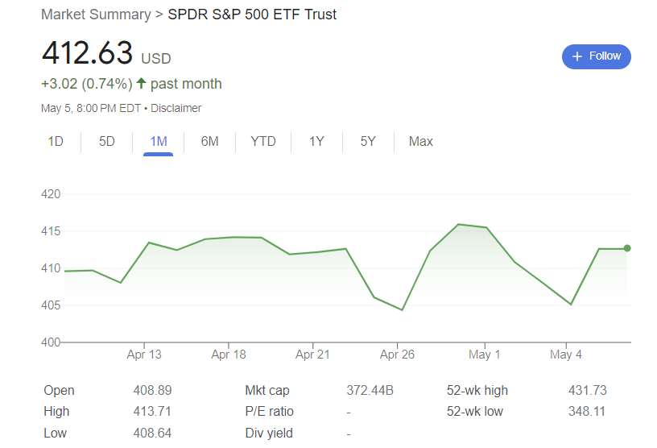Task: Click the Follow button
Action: click(596, 56)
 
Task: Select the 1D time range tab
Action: click(56, 142)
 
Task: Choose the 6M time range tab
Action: click(209, 142)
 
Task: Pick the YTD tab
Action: click(263, 142)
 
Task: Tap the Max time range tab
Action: click(420, 142)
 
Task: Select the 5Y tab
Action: click(368, 142)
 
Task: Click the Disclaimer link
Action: click(176, 108)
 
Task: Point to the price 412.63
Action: click(87, 53)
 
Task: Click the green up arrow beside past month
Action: click(141, 83)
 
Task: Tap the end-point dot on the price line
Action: click(627, 248)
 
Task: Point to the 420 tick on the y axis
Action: click(51, 194)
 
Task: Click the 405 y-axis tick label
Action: click(51, 305)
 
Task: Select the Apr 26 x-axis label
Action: click(397, 355)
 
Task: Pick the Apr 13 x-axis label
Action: click(144, 355)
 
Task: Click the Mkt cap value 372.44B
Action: click(370, 391)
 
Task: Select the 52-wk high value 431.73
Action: click(587, 391)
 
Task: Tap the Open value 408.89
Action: click(152, 391)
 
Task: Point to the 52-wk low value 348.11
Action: click(587, 412)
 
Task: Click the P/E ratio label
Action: click(269, 412)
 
